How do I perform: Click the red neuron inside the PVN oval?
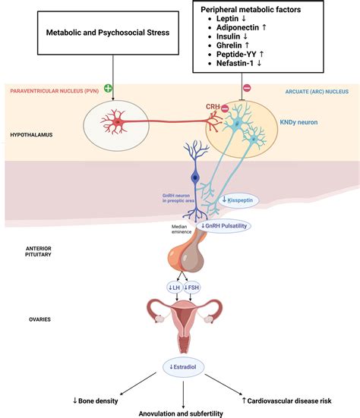(117, 121)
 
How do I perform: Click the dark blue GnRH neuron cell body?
(196, 178)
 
